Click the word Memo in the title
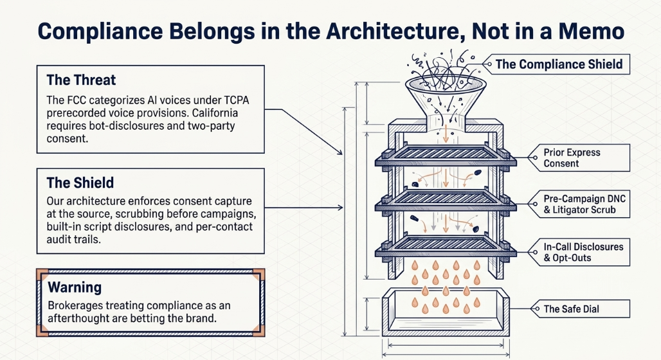click(x=592, y=32)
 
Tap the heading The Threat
click(x=81, y=80)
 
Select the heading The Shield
click(x=80, y=183)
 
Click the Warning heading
click(x=75, y=287)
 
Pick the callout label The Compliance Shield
click(x=559, y=64)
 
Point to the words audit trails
click(x=74, y=239)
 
